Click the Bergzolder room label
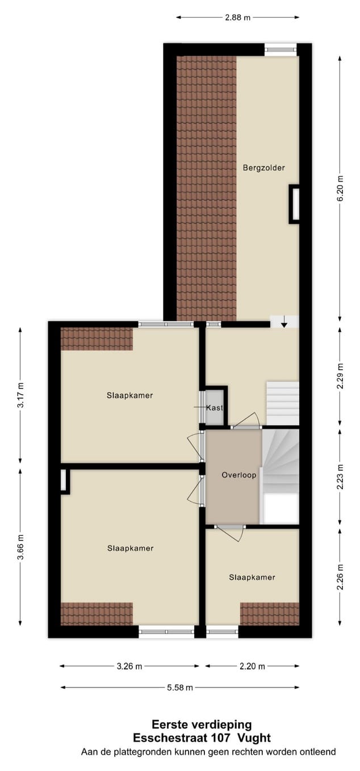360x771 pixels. pos(263,168)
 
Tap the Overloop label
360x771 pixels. pos(239,475)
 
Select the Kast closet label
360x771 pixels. pos(215,408)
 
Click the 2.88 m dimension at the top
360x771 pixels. pos(237,18)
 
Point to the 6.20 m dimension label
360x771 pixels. pos(340,188)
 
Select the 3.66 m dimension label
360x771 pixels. pos(20,547)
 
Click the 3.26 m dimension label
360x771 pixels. pos(129,667)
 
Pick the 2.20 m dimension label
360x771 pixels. pos(252,667)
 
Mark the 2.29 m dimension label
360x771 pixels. pos(340,376)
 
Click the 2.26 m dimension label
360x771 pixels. pos(340,577)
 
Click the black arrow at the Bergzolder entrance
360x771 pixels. pos(284,323)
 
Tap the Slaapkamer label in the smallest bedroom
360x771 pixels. pos(252,577)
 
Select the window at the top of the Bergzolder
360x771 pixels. pos(281,50)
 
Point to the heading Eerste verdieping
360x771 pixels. pos(202,725)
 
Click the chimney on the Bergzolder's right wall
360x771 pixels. pos(295,204)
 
